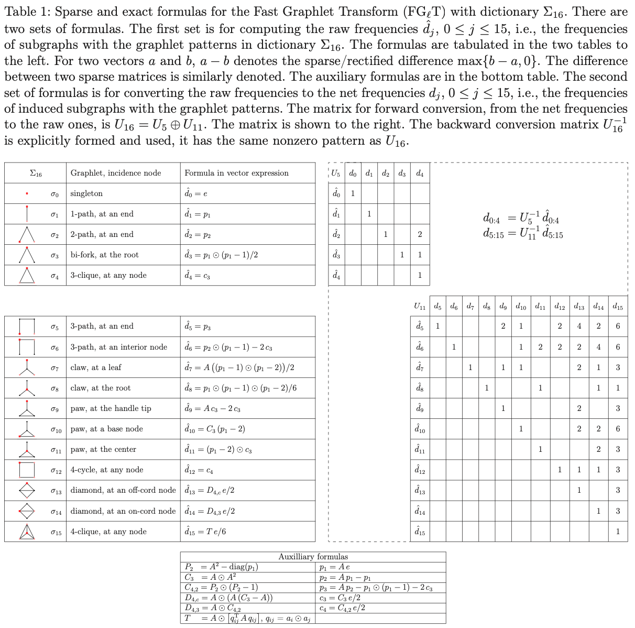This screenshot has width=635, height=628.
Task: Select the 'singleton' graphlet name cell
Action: [x=86, y=193]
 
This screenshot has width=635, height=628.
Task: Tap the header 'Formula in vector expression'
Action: [x=236, y=173]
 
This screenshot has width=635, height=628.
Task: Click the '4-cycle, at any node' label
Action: [x=107, y=470]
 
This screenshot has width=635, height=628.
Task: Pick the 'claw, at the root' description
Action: [x=101, y=388]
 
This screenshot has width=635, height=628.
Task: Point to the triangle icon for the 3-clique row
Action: [x=27, y=275]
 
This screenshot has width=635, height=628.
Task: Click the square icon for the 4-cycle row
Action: [x=27, y=470]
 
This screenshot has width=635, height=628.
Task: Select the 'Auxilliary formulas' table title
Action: [x=313, y=557]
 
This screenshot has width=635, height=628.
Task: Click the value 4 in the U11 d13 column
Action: [x=578, y=326]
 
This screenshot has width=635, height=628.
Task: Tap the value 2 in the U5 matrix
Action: [x=419, y=234]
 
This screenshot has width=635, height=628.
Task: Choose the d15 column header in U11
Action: [x=618, y=306]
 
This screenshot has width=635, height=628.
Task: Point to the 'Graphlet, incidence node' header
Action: [x=116, y=173]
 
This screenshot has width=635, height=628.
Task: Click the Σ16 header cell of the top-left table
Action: [x=36, y=173]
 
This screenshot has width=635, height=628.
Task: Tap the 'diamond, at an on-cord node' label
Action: [x=123, y=511]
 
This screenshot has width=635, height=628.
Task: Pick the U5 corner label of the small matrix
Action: [x=336, y=173]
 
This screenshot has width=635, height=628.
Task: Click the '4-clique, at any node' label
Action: [x=108, y=532]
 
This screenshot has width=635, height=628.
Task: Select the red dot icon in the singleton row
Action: [x=27, y=193]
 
